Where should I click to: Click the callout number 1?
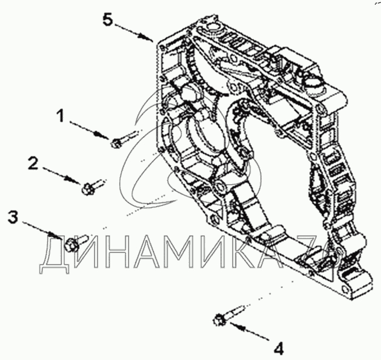63,115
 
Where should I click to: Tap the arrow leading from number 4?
251,332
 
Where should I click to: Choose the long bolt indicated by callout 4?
229,314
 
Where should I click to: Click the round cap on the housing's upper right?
311,82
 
